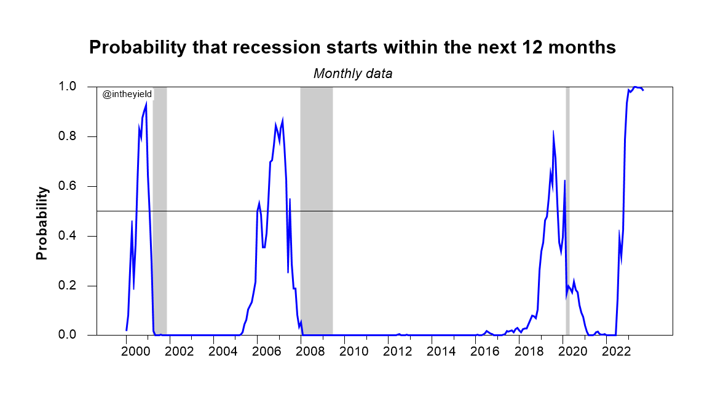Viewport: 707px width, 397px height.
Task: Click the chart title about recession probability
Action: pyautogui.click(x=352, y=48)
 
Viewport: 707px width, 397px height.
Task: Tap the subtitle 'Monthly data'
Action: pyautogui.click(x=353, y=74)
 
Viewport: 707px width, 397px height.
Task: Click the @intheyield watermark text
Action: pyautogui.click(x=127, y=93)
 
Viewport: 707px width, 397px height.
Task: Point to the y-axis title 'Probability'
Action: pyautogui.click(x=42, y=223)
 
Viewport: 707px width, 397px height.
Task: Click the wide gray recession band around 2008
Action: pyautogui.click(x=316, y=209)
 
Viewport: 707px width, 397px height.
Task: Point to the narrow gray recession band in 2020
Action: pyautogui.click(x=567, y=209)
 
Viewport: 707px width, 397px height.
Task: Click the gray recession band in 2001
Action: pyautogui.click(x=160, y=209)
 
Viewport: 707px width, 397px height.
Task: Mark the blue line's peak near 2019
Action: pyautogui.click(x=553, y=132)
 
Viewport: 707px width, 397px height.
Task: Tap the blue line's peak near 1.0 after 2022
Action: pyautogui.click(x=634, y=87)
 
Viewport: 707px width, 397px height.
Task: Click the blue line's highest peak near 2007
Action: pyautogui.click(x=282, y=120)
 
